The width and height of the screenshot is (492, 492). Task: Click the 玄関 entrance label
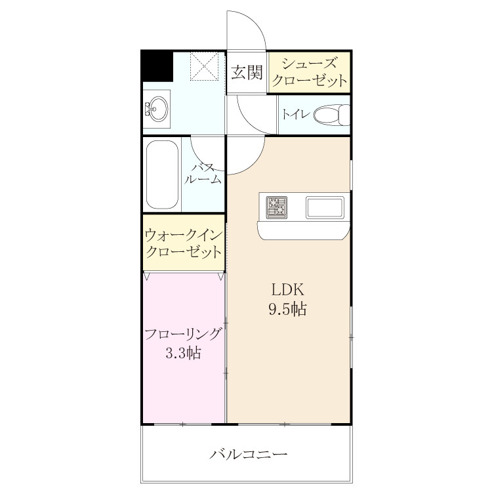pyautogui.click(x=247, y=72)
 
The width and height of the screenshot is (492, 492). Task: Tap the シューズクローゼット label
pyautogui.click(x=310, y=72)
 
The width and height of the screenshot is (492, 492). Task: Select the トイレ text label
pyautogui.click(x=296, y=114)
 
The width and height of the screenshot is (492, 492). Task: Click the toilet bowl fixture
pyautogui.click(x=332, y=115)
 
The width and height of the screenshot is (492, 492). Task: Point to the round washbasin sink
pyautogui.click(x=158, y=109)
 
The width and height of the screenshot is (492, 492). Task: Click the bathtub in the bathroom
pyautogui.click(x=162, y=174)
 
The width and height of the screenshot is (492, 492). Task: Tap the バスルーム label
pyautogui.click(x=203, y=174)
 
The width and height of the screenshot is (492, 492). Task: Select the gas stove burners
pyautogui.click(x=277, y=207)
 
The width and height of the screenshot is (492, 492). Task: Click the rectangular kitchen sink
pyautogui.click(x=325, y=207)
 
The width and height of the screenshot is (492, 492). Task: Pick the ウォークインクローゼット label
pyautogui.click(x=184, y=243)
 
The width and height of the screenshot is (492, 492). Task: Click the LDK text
pyautogui.click(x=287, y=289)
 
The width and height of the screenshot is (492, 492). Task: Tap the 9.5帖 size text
pyautogui.click(x=287, y=309)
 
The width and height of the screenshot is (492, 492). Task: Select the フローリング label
pyautogui.click(x=183, y=334)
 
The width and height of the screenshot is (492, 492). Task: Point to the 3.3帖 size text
pyautogui.click(x=183, y=354)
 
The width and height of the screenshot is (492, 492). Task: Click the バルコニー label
pyautogui.click(x=248, y=454)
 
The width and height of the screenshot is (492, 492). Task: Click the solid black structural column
pyautogui.click(x=157, y=66)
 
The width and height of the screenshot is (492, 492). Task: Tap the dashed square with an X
pyautogui.click(x=204, y=66)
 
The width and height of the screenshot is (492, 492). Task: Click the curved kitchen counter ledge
pyautogui.click(x=303, y=230)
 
